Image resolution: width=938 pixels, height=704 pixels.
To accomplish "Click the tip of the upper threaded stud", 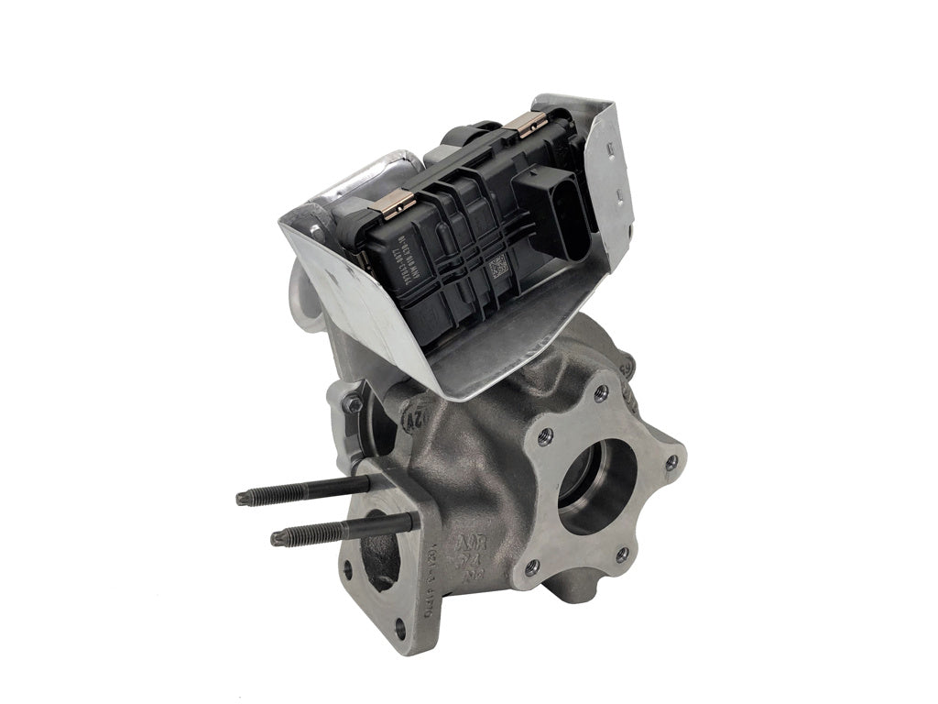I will (243, 498).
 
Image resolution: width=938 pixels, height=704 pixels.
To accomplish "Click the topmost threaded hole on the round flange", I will (600, 395).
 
